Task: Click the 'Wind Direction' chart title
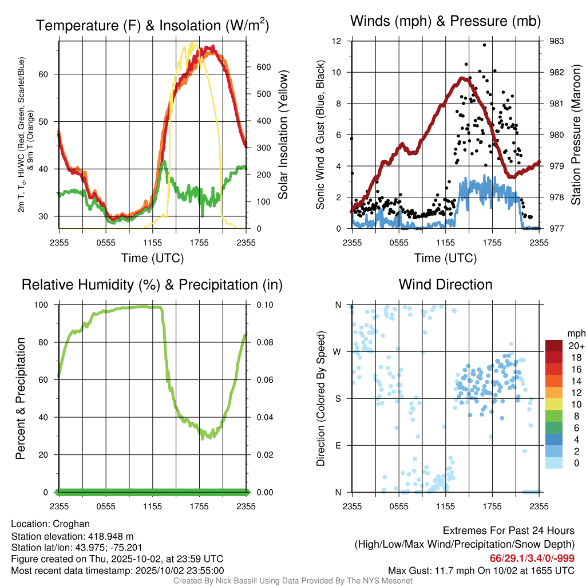click(x=445, y=284)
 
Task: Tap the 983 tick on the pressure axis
click(x=556, y=41)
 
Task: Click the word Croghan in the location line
click(x=72, y=524)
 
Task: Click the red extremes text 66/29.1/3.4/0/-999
click(x=532, y=558)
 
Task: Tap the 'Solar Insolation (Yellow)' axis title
click(x=283, y=135)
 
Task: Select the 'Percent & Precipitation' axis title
click(x=20, y=398)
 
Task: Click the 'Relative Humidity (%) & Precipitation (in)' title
click(x=152, y=284)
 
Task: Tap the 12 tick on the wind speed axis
click(x=338, y=41)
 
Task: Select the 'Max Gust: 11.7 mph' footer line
click(x=481, y=570)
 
